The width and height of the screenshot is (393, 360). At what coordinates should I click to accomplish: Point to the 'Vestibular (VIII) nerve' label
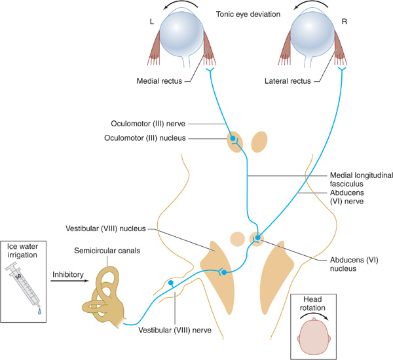click(x=176, y=330)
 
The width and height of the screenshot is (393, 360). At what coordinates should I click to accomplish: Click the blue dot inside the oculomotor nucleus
click(x=233, y=139)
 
